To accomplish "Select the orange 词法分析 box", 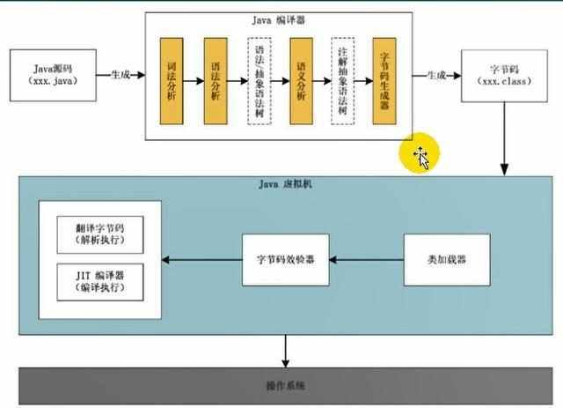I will pyautogui.click(x=172, y=80).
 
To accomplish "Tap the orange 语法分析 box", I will pyautogui.click(x=216, y=80).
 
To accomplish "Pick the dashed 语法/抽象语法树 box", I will pyautogui.click(x=259, y=80).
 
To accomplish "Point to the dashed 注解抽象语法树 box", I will pyautogui.click(x=343, y=80).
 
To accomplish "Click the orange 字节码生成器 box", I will pyautogui.click(x=384, y=80).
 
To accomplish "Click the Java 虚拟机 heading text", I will pyautogui.click(x=281, y=183).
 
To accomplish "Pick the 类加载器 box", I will pyautogui.click(x=446, y=259).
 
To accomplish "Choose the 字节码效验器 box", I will pyautogui.click(x=279, y=259).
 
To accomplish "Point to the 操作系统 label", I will pyautogui.click(x=281, y=386).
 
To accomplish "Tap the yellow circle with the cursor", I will pyautogui.click(x=420, y=156).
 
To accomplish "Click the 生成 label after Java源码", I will pyautogui.click(x=121, y=76).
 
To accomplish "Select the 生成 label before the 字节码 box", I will pyautogui.click(x=436, y=76).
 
